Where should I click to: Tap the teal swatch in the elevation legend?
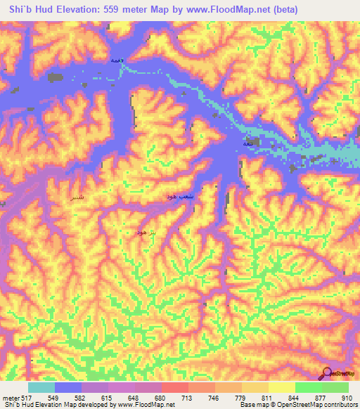[41, 387]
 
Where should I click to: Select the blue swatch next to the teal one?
[68, 387]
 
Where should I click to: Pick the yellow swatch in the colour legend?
[281, 387]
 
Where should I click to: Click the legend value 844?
[295, 398]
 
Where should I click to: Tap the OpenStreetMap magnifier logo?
[328, 375]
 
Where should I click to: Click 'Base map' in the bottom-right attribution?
[252, 405]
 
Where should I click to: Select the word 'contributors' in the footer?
[340, 405]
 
